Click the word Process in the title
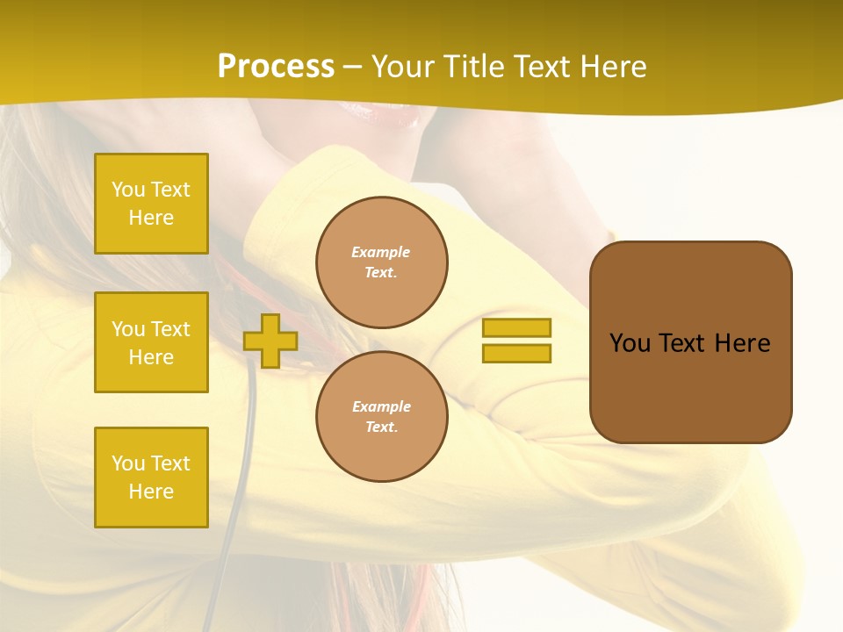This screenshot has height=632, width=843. click(x=276, y=67)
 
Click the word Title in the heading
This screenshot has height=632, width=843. click(x=472, y=67)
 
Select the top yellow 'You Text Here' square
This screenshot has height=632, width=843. click(x=151, y=204)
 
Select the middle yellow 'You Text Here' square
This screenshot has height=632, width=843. click(x=151, y=342)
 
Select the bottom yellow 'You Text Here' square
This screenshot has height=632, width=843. click(x=151, y=478)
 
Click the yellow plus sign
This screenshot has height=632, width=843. click(x=270, y=341)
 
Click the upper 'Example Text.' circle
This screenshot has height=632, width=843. click(x=382, y=262)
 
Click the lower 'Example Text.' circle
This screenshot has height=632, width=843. click(x=382, y=417)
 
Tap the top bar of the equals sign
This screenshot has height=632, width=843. click(x=516, y=327)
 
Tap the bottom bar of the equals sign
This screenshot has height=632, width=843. click(x=516, y=354)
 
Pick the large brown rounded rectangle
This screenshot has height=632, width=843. click(x=690, y=342)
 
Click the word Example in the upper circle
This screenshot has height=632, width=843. click(x=381, y=252)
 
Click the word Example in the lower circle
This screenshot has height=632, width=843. click(x=381, y=406)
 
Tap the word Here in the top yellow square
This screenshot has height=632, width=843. click(x=151, y=218)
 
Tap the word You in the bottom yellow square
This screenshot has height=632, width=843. click(x=128, y=463)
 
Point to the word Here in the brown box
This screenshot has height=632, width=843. click(x=742, y=343)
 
